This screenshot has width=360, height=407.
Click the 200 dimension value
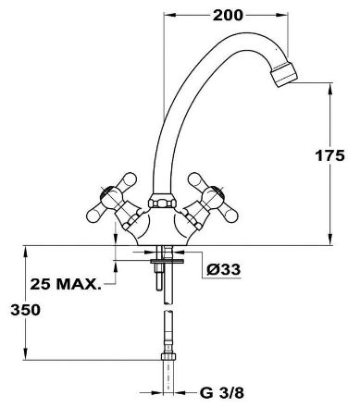pyautogui.click(x=228, y=15)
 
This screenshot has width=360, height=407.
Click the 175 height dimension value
pyautogui.click(x=329, y=155)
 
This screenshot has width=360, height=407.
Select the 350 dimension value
pyautogui.click(x=25, y=310)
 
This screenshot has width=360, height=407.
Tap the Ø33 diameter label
pyautogui.click(x=224, y=270)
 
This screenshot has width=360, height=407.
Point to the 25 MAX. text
pyautogui.click(x=66, y=284)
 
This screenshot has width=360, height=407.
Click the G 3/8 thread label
pyautogui.click(x=222, y=393)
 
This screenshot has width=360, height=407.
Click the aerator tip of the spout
pyautogui.click(x=284, y=74)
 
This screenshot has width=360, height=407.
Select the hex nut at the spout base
pyautogui.click(x=163, y=201)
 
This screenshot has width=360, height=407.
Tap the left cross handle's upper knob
pyautogui.click(x=128, y=179)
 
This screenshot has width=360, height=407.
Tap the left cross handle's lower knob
pyautogui.click(x=95, y=215)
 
